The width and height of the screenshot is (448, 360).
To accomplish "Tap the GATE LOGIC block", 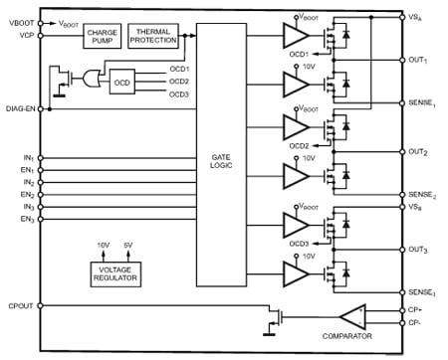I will pyautogui.click(x=220, y=158).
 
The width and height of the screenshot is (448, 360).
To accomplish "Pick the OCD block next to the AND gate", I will pyautogui.click(x=121, y=82).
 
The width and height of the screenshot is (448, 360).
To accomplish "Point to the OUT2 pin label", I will pyautogui.click(x=418, y=151).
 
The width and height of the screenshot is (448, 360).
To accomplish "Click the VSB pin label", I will pyautogui.click(x=416, y=207).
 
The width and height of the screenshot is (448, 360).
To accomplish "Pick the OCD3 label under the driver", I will pyautogui.click(x=298, y=244).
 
